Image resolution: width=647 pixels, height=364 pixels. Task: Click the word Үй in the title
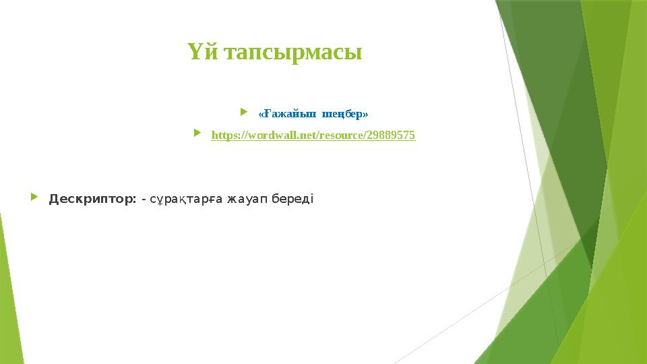click(201, 53)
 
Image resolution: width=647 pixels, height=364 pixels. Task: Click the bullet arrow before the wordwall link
click(197, 134)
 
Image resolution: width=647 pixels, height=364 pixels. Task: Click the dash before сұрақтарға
click(144, 200)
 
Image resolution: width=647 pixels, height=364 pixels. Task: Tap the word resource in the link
click(344, 135)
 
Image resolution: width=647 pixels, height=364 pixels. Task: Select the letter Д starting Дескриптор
click(54, 200)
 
